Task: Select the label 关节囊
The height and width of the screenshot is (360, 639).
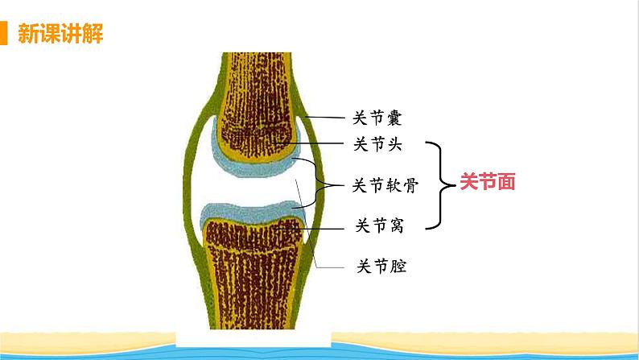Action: click(x=377, y=118)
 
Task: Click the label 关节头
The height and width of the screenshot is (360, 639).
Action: click(x=377, y=145)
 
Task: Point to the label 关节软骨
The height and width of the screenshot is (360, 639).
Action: click(x=385, y=186)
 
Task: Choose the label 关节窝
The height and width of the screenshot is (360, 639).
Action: click(x=378, y=226)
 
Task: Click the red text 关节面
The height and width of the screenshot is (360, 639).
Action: click(x=487, y=183)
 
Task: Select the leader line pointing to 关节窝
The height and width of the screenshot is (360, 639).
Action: click(x=322, y=227)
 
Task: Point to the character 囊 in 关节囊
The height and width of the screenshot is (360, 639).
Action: click(x=394, y=118)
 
